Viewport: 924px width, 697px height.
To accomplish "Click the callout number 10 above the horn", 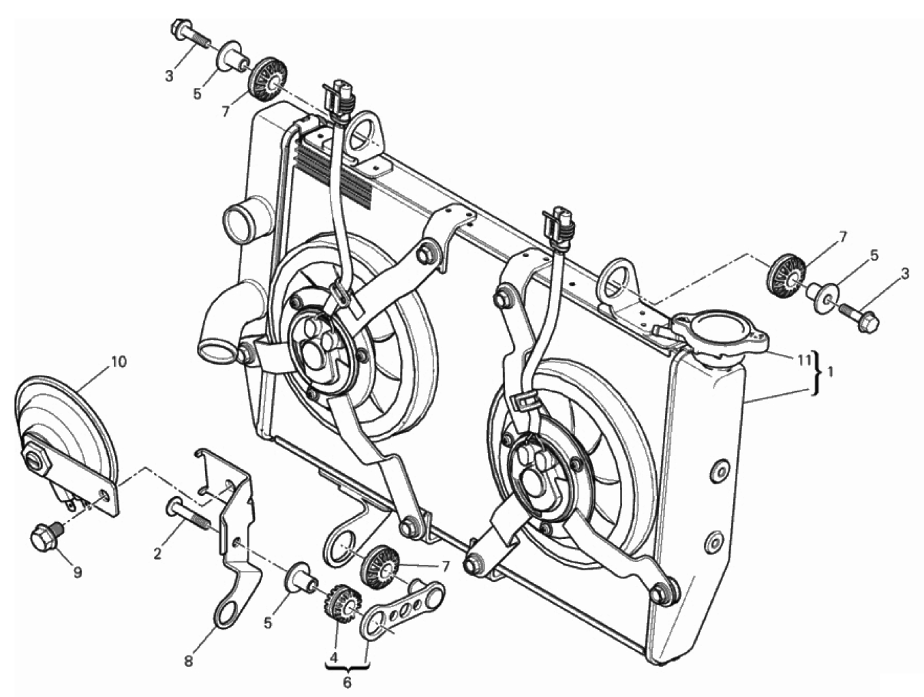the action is [119, 362].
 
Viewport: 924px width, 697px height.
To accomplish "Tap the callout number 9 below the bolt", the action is [77, 573].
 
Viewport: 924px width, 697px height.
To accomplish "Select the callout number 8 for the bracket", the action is [188, 662].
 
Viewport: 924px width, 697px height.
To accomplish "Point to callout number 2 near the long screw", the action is [157, 554].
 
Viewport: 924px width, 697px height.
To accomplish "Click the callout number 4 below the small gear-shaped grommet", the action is [335, 657].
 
